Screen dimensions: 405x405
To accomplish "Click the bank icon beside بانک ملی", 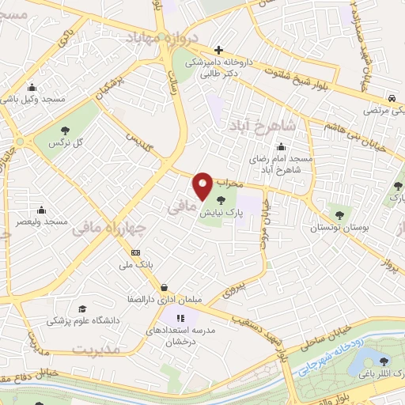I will coord(136,253).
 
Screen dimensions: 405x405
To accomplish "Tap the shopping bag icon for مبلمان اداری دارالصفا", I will coord(163,288).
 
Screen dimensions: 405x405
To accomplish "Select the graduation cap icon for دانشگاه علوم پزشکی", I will coord(82,308).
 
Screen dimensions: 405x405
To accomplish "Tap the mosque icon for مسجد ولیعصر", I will coord(40,210).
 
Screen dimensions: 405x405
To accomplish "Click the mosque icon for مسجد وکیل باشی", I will coord(31,88).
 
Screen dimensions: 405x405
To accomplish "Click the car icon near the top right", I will coord(392,98).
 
